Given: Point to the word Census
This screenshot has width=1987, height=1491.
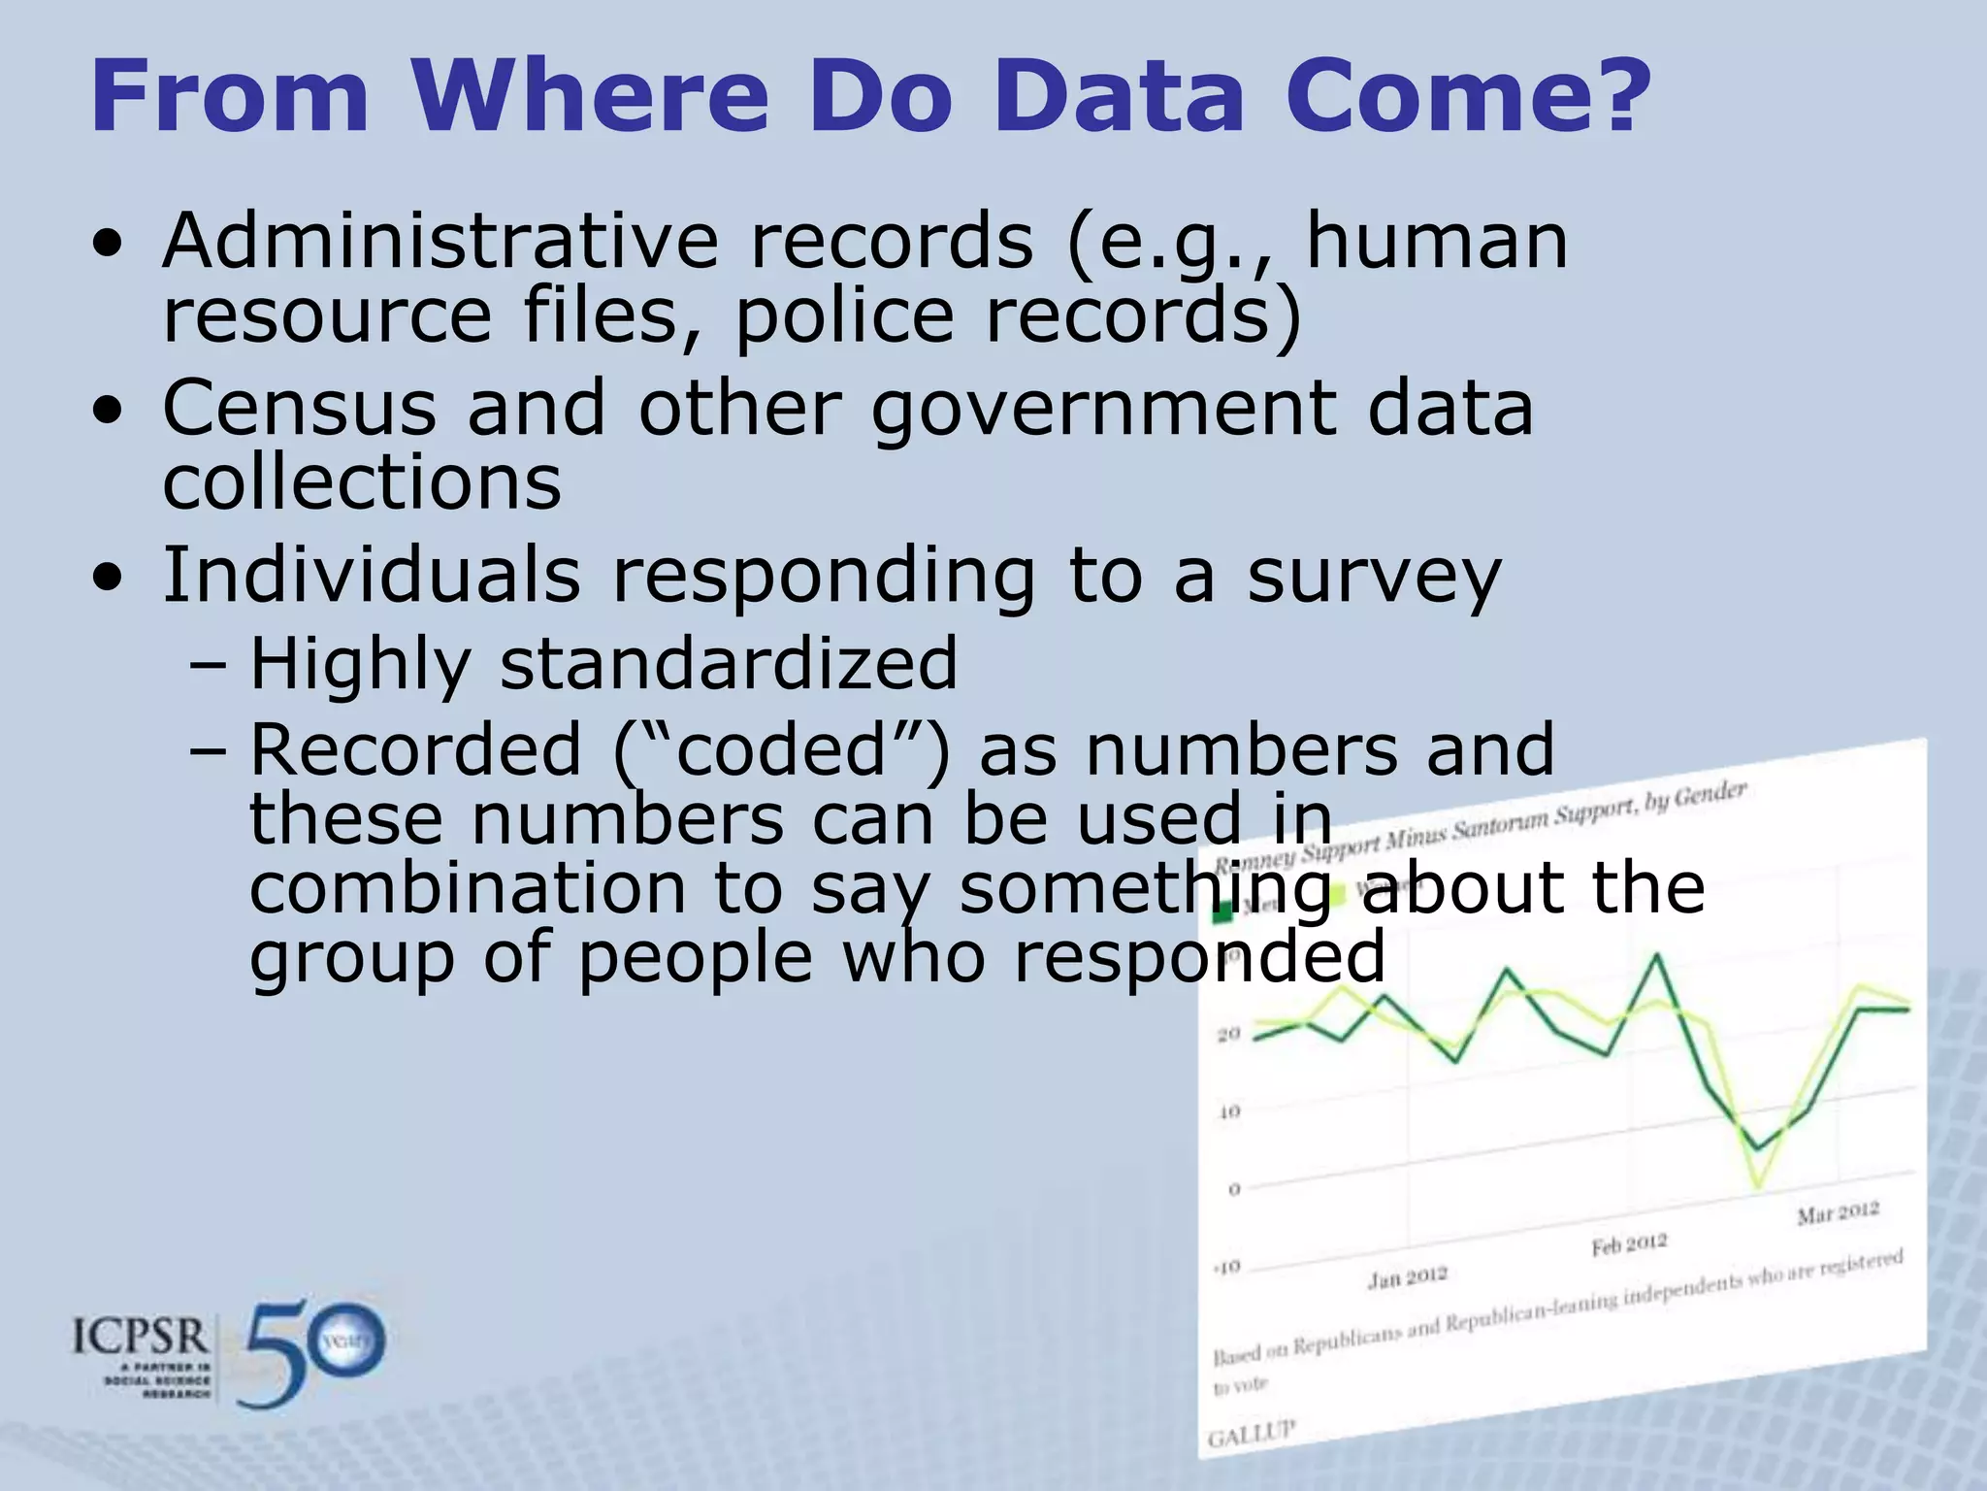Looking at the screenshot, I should pos(299,408).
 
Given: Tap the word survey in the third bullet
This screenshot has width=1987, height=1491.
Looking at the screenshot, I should pos(1374,577).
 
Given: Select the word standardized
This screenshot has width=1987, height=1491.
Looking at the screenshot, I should pos(728,664).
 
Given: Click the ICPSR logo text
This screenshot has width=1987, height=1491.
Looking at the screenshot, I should pos(141,1338).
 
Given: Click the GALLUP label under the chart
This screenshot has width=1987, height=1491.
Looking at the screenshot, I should pos(1251,1433).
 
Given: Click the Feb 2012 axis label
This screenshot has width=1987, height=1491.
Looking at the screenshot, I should pos(1628,1244).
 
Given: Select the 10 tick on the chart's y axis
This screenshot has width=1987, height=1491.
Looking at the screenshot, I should pos(1229,1111).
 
